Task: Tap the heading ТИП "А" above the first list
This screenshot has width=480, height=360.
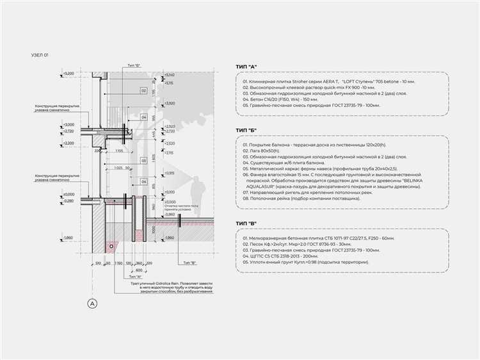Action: point(246,66)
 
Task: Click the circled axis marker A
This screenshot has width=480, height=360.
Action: point(92,303)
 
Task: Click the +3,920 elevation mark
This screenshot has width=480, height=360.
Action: point(170,103)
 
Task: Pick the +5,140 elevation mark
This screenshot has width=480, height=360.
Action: point(169,75)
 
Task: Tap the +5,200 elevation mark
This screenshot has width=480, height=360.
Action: point(69,75)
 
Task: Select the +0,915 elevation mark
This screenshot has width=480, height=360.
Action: point(170,173)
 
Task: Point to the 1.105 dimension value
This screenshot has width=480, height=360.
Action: point(119,151)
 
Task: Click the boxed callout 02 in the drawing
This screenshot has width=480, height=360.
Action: point(145,91)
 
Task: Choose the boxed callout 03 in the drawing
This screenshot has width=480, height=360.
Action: point(145,160)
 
